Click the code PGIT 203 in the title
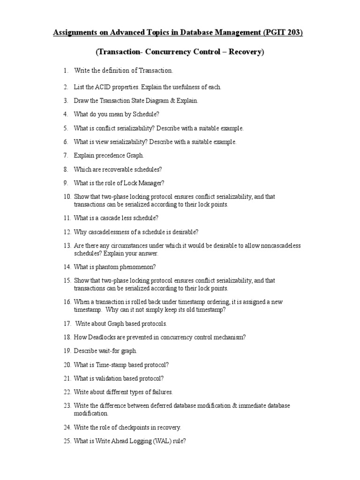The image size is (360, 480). click(282, 33)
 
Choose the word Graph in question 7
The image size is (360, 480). click(134, 155)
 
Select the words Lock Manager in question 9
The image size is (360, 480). click(143, 183)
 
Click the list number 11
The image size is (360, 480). click(67, 218)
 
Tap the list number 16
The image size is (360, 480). click(67, 302)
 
